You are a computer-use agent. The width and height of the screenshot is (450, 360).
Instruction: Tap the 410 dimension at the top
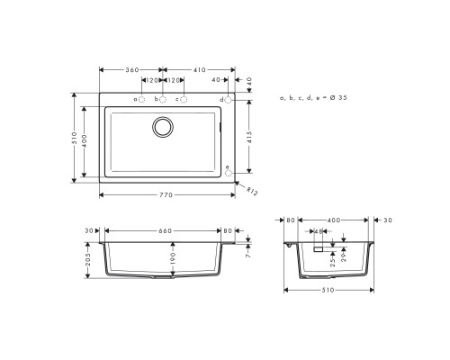point(198,69)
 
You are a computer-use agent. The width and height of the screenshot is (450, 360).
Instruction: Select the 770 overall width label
point(165,194)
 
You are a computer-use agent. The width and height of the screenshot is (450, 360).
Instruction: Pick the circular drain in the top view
point(165,126)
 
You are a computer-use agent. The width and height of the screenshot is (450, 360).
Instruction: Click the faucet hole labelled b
point(163,98)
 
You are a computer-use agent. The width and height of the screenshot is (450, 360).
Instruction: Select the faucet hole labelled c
point(184,98)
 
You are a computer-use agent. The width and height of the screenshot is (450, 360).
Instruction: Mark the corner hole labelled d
point(228,98)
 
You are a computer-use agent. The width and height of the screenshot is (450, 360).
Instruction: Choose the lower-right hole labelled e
point(228,175)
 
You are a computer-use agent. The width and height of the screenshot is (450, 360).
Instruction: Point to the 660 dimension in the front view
point(165,229)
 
